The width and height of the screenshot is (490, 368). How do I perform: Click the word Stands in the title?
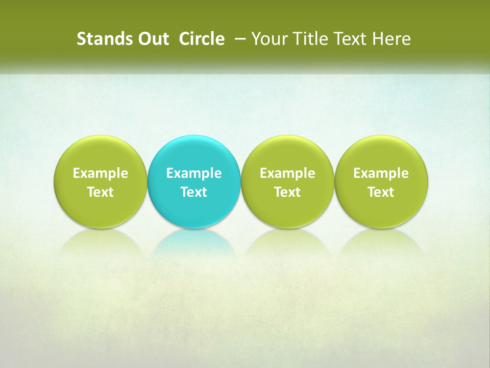click(x=104, y=39)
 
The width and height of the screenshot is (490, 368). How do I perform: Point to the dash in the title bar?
click(x=238, y=39)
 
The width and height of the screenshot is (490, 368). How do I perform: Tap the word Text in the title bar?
click(x=347, y=39)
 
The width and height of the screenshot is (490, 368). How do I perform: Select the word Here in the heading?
click(x=391, y=39)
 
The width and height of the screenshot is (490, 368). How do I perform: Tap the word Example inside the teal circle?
click(x=194, y=173)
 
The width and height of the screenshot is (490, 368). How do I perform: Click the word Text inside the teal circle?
click(x=194, y=192)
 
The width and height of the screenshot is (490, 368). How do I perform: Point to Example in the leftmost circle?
click(x=101, y=173)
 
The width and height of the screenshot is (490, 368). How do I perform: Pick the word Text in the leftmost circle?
click(x=101, y=192)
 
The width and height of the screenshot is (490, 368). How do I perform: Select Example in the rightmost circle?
click(x=381, y=173)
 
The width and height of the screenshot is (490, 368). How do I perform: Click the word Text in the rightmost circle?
click(x=381, y=192)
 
